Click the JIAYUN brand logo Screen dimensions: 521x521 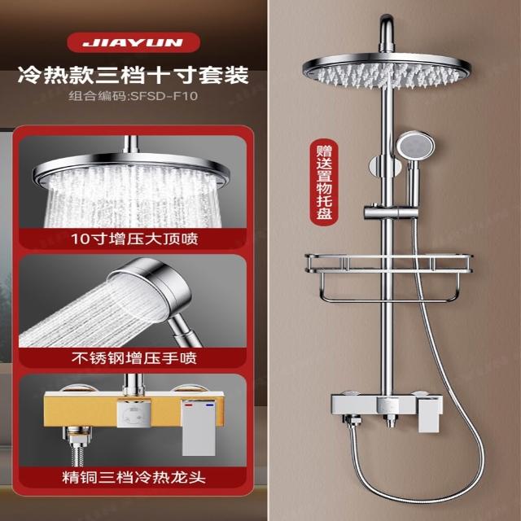pyautogui.click(x=134, y=42)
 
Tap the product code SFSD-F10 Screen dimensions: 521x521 pyautogui.click(x=164, y=96)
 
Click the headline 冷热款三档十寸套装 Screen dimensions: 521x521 pyautogui.click(x=133, y=75)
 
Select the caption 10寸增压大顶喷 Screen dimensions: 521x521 pyautogui.click(x=134, y=239)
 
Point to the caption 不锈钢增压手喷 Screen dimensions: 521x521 pyautogui.click(x=134, y=358)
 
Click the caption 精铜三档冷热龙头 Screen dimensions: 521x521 pyautogui.click(x=134, y=478)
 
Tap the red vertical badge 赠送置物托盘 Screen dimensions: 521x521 pyautogui.click(x=324, y=182)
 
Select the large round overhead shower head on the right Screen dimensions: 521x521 pyautogui.click(x=387, y=71)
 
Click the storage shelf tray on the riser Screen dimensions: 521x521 pyautogui.click(x=389, y=263)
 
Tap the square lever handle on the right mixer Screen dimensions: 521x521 pyautogui.click(x=429, y=415)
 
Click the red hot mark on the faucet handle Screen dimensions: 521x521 pyautogui.click(x=189, y=406)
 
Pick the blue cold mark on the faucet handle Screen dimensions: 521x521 pyautogui.click(x=209, y=405)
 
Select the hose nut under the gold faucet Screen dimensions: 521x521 pyautogui.click(x=77, y=436)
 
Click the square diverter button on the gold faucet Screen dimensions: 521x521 pyautogui.click(x=134, y=413)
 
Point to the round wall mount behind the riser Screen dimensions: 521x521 pyautogui.click(x=385, y=166)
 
